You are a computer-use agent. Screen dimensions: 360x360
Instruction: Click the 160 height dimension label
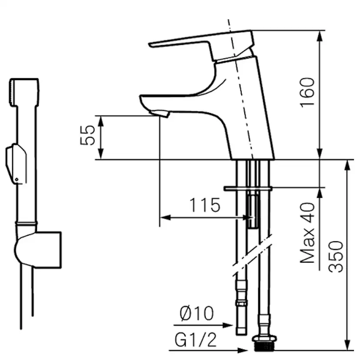307,93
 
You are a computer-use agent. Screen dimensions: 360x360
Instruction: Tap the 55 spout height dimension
87,135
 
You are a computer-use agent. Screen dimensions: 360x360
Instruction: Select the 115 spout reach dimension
205,205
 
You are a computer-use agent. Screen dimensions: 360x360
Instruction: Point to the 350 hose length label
336,257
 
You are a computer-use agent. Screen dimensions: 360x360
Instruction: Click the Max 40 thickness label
307,233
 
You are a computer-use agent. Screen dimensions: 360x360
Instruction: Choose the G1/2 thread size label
196,340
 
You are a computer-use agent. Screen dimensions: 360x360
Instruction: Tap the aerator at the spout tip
159,113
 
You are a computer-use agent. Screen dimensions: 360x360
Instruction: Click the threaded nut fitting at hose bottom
264,343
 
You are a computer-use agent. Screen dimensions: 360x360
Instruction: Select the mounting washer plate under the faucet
248,189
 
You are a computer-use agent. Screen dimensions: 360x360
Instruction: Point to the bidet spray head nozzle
24,92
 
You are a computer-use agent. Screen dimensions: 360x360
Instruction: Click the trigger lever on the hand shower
16,163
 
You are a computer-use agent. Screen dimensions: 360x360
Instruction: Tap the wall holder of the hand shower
38,250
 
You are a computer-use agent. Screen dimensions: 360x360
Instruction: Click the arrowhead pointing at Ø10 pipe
228,325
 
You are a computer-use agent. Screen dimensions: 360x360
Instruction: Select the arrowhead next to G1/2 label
243,350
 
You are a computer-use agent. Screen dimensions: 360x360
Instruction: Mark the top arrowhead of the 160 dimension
320,36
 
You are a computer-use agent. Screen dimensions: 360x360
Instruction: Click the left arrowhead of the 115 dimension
165,217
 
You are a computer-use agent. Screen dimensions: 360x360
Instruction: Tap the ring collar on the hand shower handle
26,223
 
